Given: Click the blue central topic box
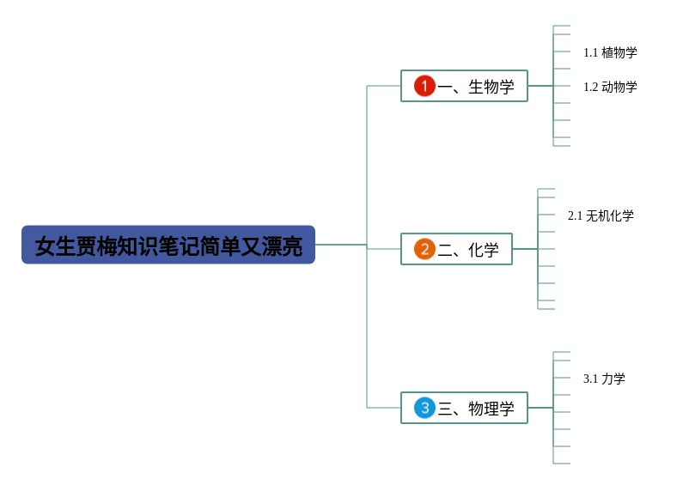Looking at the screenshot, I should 168,245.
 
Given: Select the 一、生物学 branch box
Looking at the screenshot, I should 464,86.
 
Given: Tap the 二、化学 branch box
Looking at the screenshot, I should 456,249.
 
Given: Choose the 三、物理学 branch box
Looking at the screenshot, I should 464,408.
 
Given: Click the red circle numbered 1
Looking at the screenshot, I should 424,86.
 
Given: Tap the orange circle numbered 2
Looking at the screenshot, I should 424,249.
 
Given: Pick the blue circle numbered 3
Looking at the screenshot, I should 424,408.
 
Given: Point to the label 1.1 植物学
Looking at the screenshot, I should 610,52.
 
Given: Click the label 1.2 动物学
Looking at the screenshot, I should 610,87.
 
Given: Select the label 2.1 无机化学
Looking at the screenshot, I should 601,215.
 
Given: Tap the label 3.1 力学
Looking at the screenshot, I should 604,379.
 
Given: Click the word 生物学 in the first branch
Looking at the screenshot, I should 491,87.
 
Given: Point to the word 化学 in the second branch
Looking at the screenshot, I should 484,250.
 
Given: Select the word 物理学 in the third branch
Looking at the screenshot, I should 491,409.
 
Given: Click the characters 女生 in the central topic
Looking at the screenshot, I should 54,246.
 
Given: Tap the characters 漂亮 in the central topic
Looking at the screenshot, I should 283,246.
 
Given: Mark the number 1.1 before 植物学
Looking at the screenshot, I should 590,52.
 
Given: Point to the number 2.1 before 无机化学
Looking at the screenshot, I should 575,215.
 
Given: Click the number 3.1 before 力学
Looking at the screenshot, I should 590,379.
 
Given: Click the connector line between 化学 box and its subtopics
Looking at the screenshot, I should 525,249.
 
